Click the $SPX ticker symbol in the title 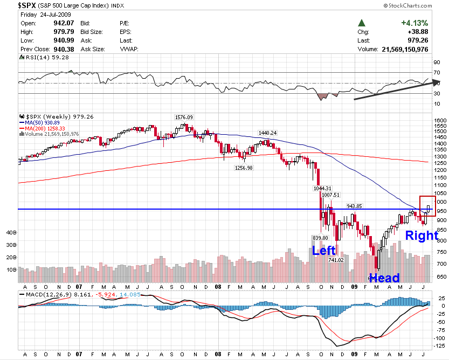click(x=29, y=5)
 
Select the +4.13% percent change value click(x=414, y=23)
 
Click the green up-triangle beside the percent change click(x=362, y=23)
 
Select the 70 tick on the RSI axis click(x=436, y=72)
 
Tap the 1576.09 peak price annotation click(x=183, y=117)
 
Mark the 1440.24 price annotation click(x=267, y=133)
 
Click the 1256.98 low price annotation click(x=244, y=168)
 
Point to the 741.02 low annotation click(x=336, y=260)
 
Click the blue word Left click(x=324, y=251)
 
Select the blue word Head click(x=384, y=278)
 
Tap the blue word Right click(x=422, y=236)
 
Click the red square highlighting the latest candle click(x=427, y=206)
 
